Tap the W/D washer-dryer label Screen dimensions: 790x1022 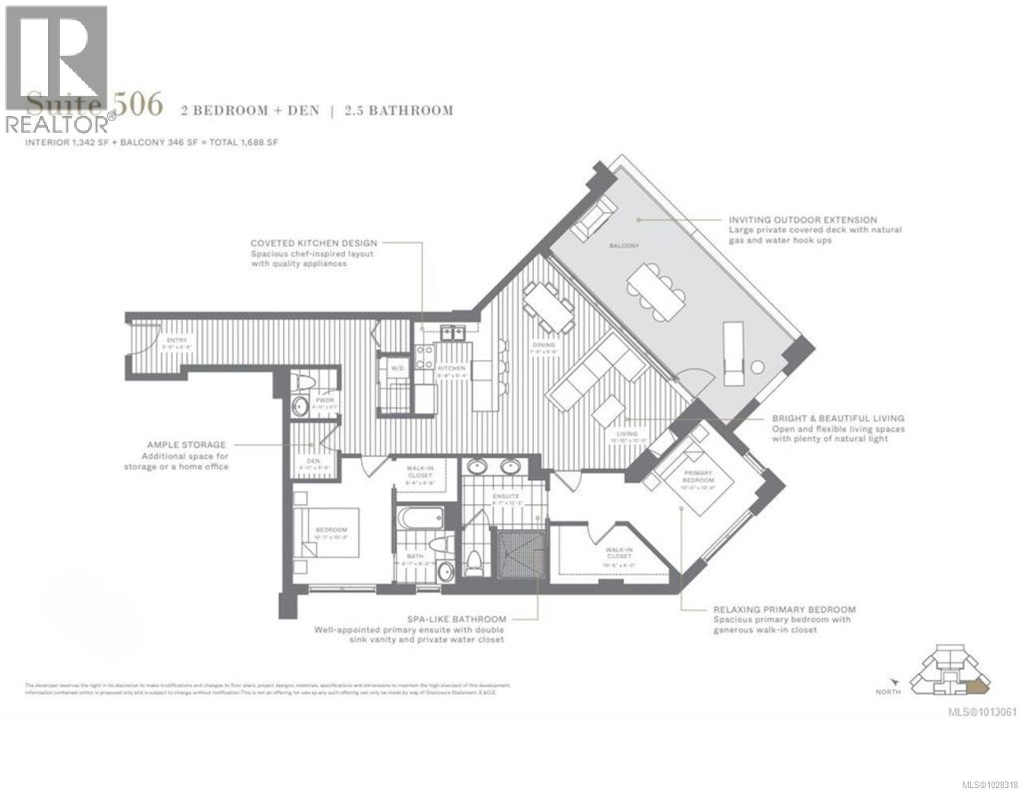click(397, 368)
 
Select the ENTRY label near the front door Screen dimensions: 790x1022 click(159, 340)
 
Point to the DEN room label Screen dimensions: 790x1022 click(313, 461)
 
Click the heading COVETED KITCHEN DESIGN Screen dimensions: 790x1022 click(313, 243)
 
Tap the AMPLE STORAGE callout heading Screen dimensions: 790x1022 click(186, 445)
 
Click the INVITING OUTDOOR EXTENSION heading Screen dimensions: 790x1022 click(803, 220)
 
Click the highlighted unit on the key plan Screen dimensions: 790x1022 click(977, 687)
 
